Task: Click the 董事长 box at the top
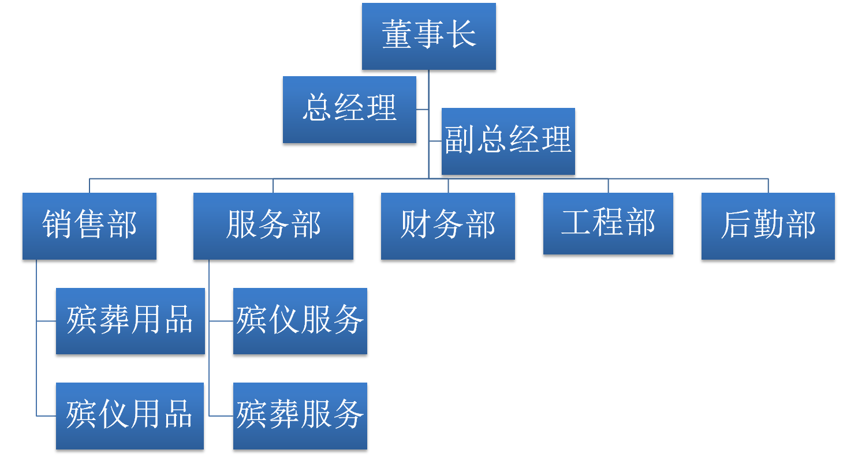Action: [x=428, y=36]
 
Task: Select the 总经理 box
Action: [x=349, y=109]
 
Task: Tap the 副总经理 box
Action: [x=508, y=141]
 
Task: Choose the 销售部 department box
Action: [x=89, y=226]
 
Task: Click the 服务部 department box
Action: [x=273, y=226]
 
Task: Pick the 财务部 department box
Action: [x=447, y=226]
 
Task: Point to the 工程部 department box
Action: [x=608, y=223]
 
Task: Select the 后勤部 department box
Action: [x=768, y=226]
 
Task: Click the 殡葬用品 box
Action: [x=130, y=321]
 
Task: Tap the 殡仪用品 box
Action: [x=130, y=415]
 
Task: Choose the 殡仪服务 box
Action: [x=300, y=321]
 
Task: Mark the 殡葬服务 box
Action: [x=300, y=415]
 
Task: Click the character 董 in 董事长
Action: [x=397, y=35]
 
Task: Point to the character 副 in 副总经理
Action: [x=460, y=140]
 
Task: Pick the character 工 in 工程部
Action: [x=576, y=223]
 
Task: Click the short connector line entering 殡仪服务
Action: [x=221, y=321]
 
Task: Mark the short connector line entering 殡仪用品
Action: [x=46, y=415]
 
